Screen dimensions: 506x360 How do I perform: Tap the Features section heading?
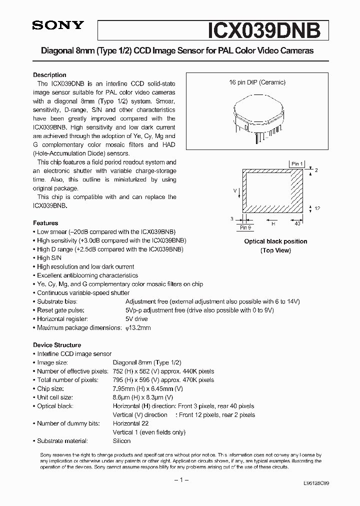click(45, 223)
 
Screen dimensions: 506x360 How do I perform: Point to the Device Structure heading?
click(57, 345)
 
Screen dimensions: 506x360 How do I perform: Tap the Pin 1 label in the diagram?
click(296, 163)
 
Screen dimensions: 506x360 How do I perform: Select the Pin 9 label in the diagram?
click(245, 227)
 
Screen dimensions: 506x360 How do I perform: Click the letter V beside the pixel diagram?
click(235, 191)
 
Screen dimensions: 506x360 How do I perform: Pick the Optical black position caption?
click(275, 241)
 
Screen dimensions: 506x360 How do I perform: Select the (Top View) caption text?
click(275, 250)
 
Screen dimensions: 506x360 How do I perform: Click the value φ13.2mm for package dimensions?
click(138, 328)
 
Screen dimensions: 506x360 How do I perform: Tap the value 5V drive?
click(136, 319)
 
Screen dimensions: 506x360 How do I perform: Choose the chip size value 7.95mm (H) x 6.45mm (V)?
click(148, 388)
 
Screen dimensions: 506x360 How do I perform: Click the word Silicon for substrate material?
click(121, 441)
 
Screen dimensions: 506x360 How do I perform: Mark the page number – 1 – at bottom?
click(179, 480)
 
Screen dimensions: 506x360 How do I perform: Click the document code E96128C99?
click(315, 484)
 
